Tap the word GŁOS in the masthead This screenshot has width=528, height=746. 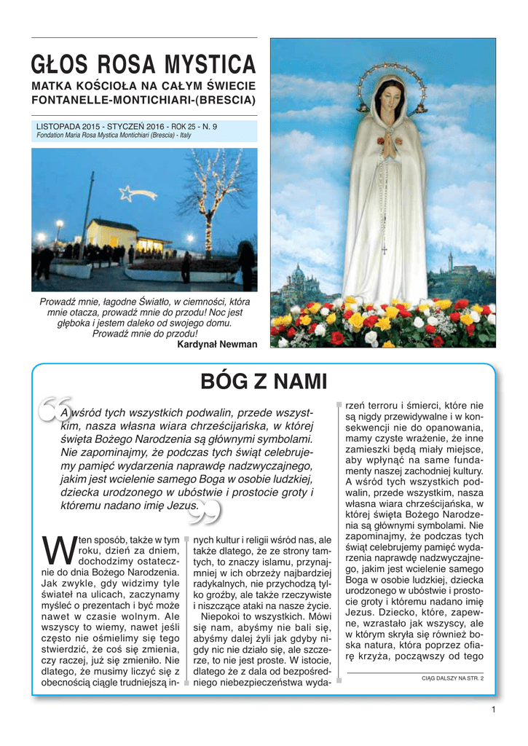coord(55,65)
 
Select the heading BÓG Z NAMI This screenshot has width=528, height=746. coord(264,381)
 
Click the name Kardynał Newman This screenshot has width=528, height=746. coord(217,345)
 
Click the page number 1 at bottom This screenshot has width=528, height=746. coord(493,710)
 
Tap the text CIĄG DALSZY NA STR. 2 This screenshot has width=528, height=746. coord(452,678)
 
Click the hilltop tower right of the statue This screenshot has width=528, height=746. coord(451,260)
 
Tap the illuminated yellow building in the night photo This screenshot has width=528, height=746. coord(113,235)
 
